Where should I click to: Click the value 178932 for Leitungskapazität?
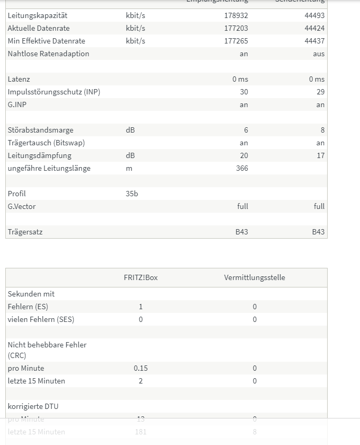[236, 15]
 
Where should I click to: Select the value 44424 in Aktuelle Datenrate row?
[314, 28]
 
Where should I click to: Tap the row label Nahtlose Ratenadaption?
[48, 54]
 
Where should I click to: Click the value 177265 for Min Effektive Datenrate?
[236, 41]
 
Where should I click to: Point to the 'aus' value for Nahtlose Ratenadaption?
[319, 54]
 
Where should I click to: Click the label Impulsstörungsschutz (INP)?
[54, 92]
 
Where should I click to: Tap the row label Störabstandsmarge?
[40, 130]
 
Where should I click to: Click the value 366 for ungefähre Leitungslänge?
[242, 168]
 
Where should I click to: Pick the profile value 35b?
[131, 194]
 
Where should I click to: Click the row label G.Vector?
[22, 206]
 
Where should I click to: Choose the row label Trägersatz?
[25, 232]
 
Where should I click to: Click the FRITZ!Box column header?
[141, 277]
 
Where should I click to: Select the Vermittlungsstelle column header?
[254, 277]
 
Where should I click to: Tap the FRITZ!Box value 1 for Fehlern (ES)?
[141, 307]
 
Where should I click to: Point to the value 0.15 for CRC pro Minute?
[141, 368]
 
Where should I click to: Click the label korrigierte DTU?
[33, 406]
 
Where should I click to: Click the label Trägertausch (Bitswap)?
[46, 143]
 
